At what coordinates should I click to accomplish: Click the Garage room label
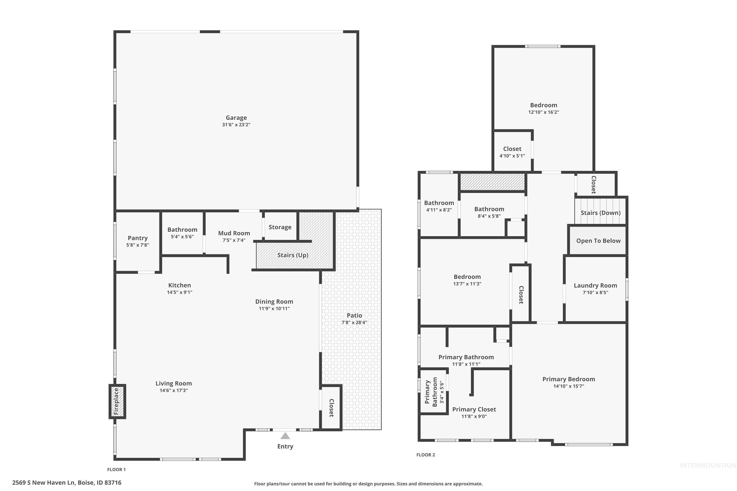[x=236, y=118]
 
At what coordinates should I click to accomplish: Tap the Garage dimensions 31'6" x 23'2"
[x=236, y=125]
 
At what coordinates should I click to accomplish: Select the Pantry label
[x=138, y=238]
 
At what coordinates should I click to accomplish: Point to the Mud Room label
[x=234, y=233]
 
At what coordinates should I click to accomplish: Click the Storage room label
[x=280, y=227]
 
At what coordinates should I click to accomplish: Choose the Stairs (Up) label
[x=293, y=255]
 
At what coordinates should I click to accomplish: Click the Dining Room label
[x=274, y=301]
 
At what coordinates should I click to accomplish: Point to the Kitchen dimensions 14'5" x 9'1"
[x=180, y=292]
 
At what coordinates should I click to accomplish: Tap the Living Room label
[x=174, y=383]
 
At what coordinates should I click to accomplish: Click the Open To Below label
[x=598, y=241]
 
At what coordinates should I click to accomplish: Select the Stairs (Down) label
[x=600, y=213]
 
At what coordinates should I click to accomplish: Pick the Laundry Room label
[x=595, y=286]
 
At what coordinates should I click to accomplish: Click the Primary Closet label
[x=474, y=409]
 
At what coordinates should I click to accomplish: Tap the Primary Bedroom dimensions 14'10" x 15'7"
[x=569, y=386]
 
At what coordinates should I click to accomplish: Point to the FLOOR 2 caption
[x=425, y=455]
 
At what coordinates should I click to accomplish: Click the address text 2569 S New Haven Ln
[x=44, y=483]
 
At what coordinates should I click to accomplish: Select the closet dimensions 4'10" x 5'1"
[x=512, y=156]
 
